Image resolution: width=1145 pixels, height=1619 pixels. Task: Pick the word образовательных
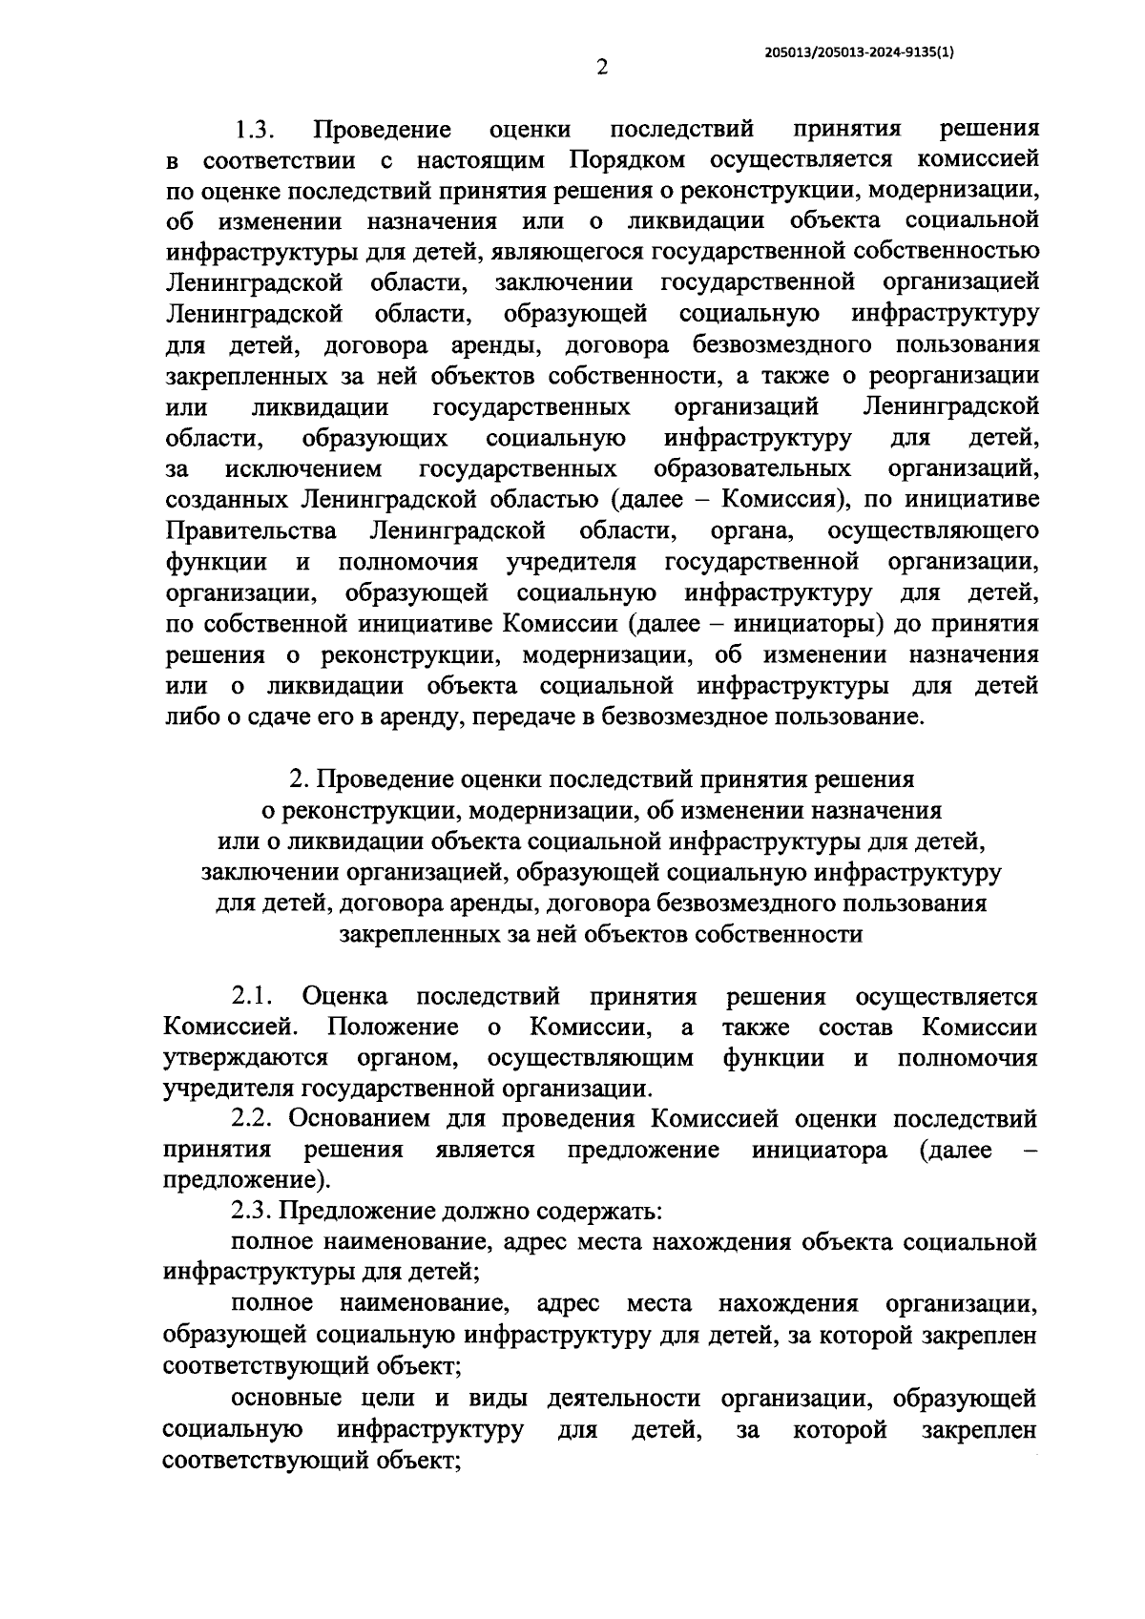pyautogui.click(x=752, y=469)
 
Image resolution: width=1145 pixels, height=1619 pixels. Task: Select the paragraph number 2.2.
pyautogui.click(x=253, y=1119)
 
